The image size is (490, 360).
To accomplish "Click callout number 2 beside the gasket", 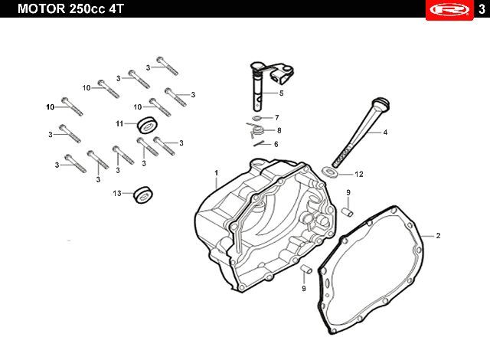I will [438, 235].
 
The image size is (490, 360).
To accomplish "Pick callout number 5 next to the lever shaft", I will [281, 93].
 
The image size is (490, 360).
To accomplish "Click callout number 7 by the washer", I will [276, 118].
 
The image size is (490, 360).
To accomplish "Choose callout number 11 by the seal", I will [119, 123].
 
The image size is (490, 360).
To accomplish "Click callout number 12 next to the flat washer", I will [358, 174].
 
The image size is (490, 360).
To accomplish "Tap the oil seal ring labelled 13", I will [143, 195].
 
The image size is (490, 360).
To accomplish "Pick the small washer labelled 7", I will [256, 118].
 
